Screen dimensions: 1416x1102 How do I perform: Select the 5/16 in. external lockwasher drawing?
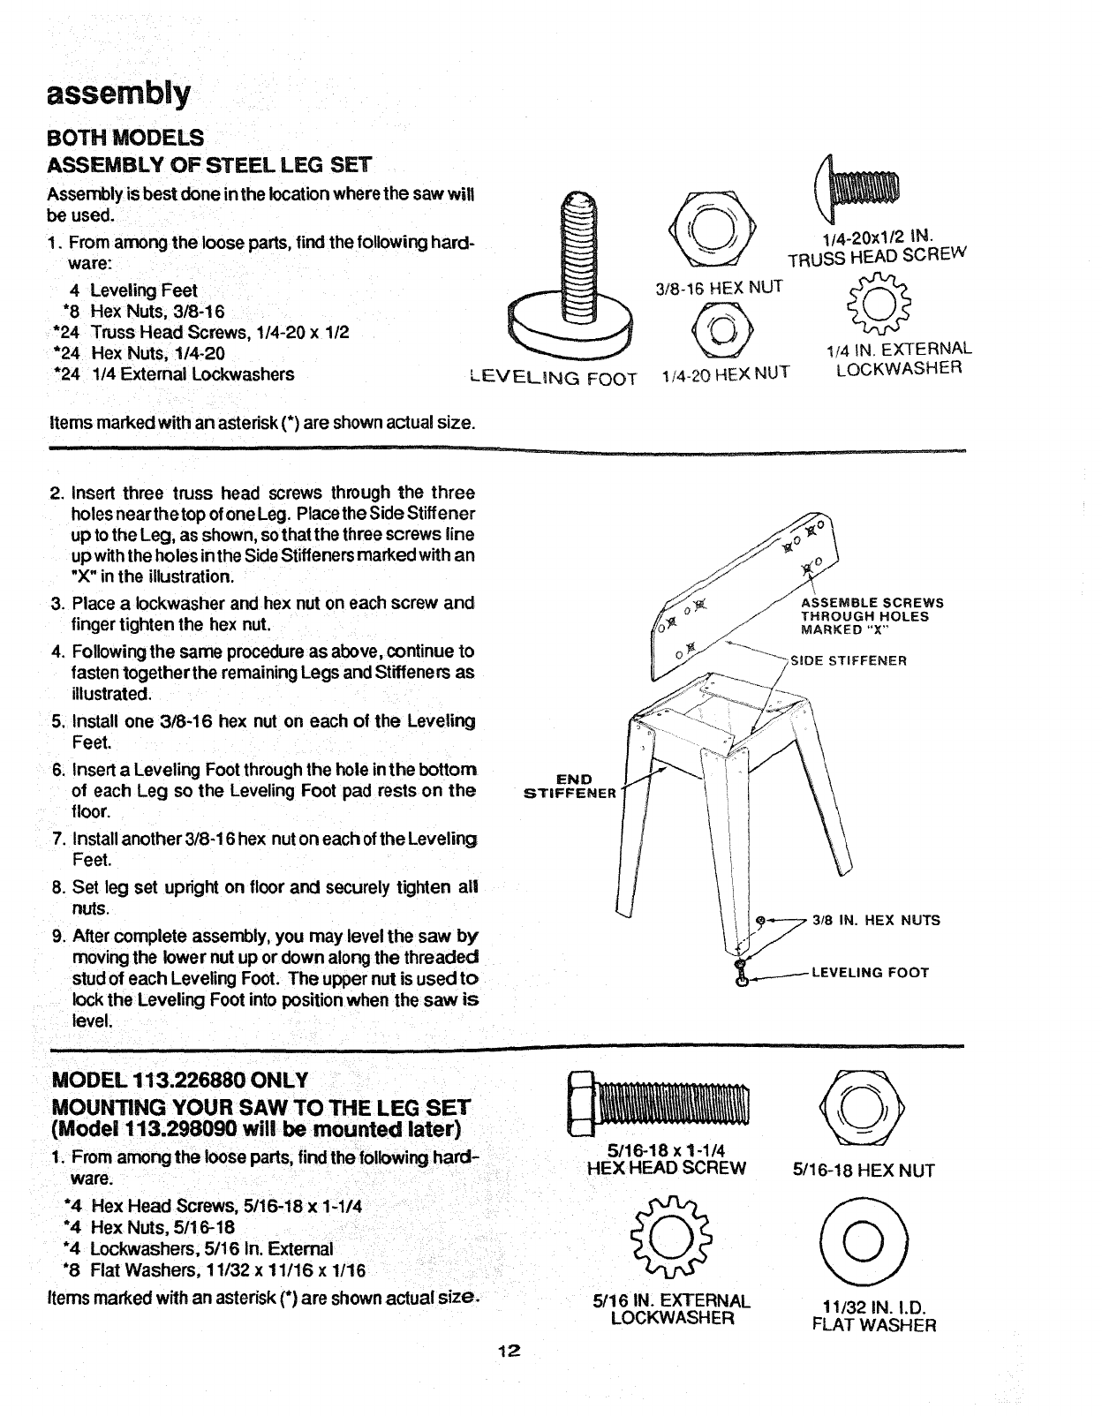point(670,1231)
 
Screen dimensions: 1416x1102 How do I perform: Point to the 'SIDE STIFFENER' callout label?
point(849,660)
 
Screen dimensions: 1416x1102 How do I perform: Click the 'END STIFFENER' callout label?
point(570,786)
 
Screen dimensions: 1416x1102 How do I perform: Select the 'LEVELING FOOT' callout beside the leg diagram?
point(870,973)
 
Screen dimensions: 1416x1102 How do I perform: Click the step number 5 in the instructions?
point(57,720)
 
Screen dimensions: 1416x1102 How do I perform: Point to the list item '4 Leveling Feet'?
point(133,290)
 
